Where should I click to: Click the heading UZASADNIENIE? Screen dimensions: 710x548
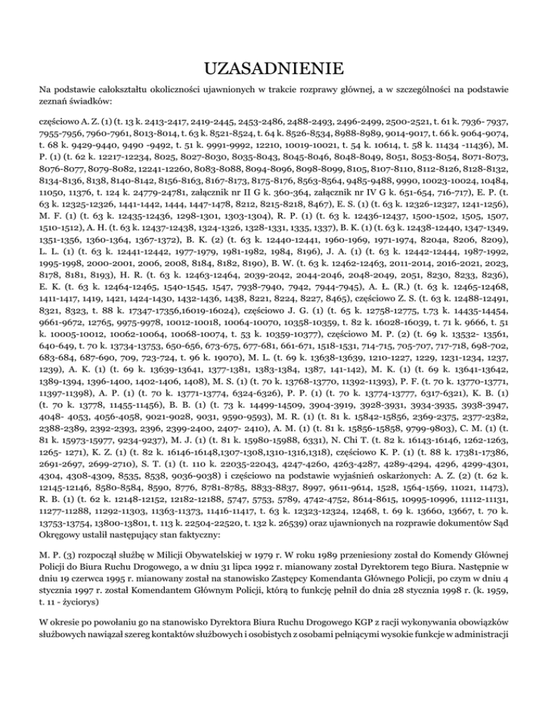(x=274, y=69)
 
